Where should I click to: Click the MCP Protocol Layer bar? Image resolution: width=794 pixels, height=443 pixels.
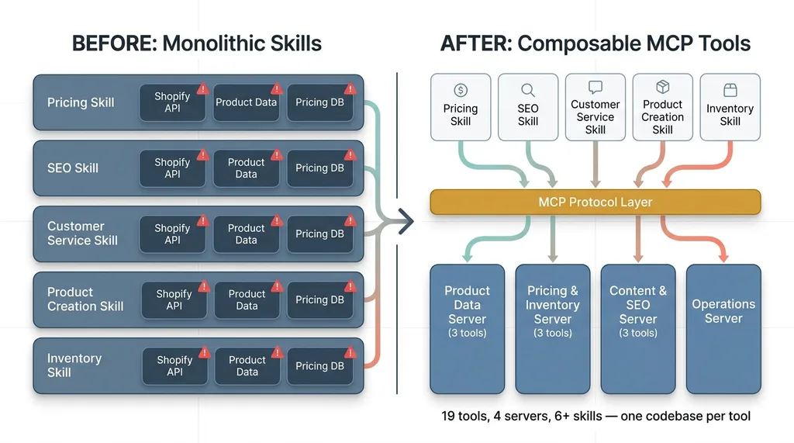point(595,202)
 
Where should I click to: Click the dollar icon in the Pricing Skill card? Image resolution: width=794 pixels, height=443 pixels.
point(461,90)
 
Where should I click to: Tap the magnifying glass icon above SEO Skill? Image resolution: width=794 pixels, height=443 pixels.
point(528,90)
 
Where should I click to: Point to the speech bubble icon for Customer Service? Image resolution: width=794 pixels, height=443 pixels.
point(595,87)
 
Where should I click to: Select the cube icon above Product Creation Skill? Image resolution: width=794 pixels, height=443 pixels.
point(663,87)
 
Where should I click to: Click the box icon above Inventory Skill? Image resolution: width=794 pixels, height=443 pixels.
point(730,90)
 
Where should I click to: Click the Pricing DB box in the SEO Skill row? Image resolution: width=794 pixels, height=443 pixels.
point(319,168)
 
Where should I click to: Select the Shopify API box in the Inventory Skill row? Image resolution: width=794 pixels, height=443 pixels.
point(174,366)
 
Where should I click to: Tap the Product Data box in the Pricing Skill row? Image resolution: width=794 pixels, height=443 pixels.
point(246,102)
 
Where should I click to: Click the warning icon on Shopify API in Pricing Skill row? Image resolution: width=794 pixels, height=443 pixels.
point(203,88)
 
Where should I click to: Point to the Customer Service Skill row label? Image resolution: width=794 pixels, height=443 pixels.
point(82,234)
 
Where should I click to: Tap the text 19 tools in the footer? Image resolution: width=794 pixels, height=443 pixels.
point(464,417)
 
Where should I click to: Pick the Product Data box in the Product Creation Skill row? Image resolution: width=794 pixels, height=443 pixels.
point(247,300)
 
